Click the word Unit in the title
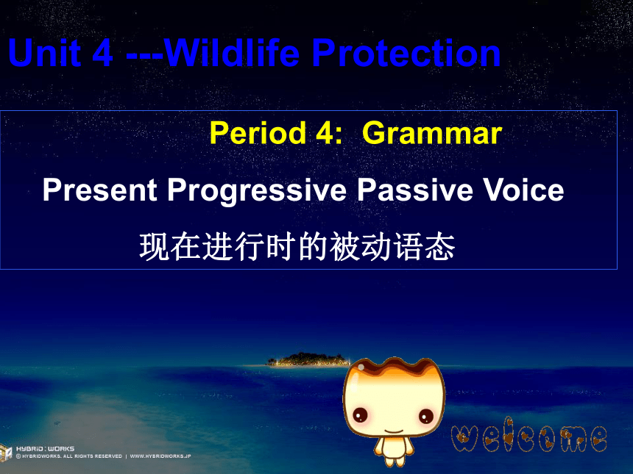point(44,53)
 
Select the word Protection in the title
point(406,53)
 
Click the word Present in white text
point(99,190)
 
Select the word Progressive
point(257,190)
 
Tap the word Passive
point(414,190)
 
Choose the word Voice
point(523,190)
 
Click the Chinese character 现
point(155,247)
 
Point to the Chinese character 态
point(440,247)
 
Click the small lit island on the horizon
point(308,359)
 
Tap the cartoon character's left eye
point(360,414)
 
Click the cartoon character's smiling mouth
point(394,431)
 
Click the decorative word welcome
point(528,435)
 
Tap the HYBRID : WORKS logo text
point(45,448)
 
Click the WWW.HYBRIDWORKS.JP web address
point(160,456)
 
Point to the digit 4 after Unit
point(102,53)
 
